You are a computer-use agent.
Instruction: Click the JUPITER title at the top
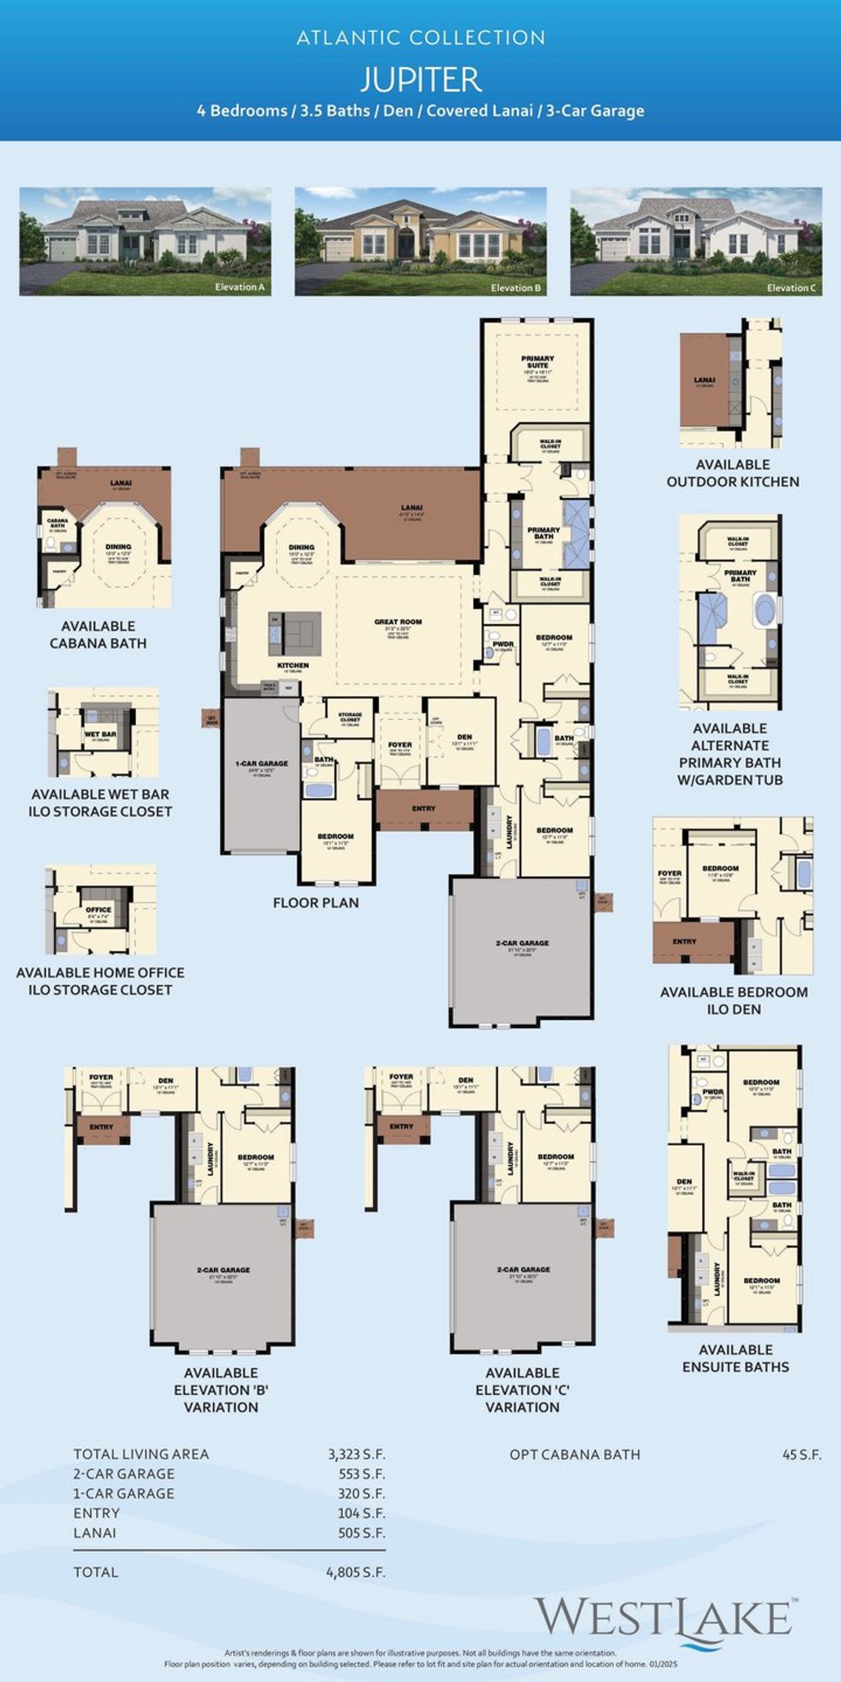420,80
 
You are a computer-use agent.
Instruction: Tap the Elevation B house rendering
420,241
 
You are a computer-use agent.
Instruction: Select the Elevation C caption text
791,288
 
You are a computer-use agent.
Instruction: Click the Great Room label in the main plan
398,622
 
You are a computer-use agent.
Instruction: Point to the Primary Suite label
537,362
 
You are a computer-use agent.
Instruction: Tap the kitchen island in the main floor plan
295,633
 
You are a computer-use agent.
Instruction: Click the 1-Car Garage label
261,763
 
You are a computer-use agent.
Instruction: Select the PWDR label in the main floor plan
503,645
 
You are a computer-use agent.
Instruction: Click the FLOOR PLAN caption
316,903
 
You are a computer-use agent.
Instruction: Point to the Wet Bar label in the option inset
101,734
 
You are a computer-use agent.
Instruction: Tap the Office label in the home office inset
99,910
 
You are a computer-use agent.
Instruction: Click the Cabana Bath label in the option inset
58,523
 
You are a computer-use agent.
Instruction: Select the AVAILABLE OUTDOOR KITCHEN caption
733,473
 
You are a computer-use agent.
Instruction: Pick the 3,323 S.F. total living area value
356,1454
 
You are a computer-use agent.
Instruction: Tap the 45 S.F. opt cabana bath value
802,1454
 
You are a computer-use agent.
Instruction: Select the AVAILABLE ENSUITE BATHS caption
735,1358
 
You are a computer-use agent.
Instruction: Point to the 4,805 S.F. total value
355,1572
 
